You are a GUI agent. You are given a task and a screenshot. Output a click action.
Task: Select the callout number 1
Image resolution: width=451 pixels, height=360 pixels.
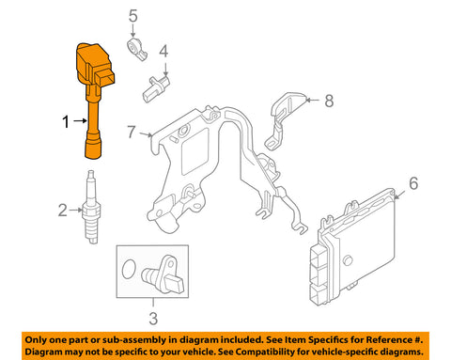66,121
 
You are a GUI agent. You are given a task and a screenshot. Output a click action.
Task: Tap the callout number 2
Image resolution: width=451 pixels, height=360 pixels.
62,209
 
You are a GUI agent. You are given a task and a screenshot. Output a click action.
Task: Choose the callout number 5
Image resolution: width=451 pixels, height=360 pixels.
132,16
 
